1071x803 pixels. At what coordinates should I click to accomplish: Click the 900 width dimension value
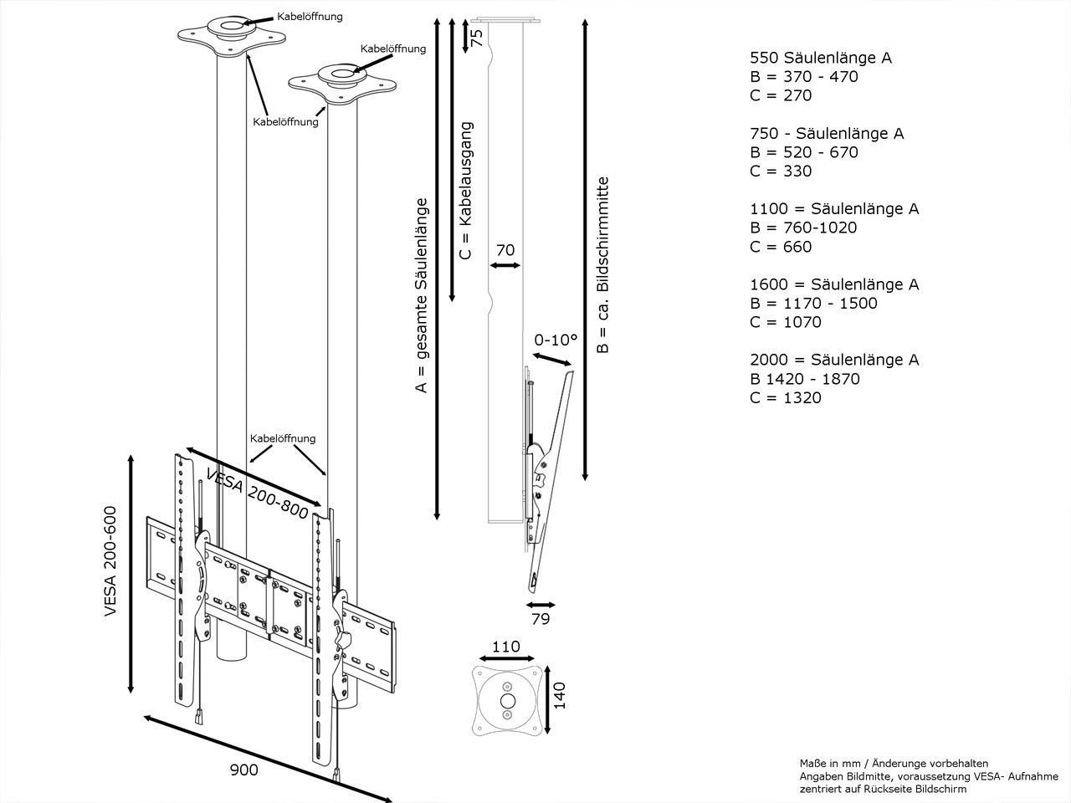(243, 770)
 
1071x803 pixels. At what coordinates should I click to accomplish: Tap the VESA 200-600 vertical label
(110, 561)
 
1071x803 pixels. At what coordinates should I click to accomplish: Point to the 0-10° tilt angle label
(556, 340)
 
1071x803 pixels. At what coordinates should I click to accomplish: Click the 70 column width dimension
(505, 248)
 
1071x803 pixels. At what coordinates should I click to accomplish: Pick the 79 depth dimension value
(541, 619)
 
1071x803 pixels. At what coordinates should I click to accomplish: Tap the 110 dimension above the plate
(505, 647)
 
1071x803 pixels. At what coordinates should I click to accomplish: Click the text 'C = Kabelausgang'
(466, 192)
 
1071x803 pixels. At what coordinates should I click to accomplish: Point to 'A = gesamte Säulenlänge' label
(422, 295)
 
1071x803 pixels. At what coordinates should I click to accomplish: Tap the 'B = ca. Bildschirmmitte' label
(602, 264)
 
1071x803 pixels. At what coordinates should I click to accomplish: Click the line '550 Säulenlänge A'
(820, 58)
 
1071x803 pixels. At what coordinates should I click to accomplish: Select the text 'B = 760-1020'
(803, 228)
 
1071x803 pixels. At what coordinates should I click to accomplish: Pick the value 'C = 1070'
(785, 322)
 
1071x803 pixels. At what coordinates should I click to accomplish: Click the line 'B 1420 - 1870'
(804, 379)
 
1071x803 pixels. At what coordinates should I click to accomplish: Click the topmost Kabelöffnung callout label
(310, 17)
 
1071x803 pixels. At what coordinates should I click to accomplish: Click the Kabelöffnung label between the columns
(283, 438)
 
